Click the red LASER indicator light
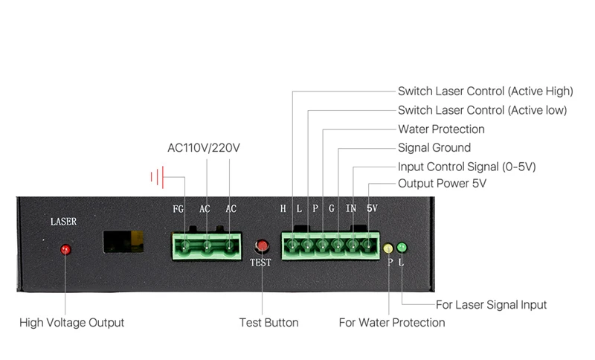click(x=65, y=249)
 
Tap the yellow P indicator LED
click(x=388, y=247)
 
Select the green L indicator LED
click(x=402, y=247)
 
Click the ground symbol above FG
click(x=158, y=177)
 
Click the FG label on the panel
click(x=178, y=209)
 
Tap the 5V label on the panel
click(x=372, y=209)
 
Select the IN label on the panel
click(x=351, y=209)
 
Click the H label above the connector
click(x=283, y=209)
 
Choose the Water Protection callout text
click(x=441, y=129)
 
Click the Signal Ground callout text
click(x=434, y=148)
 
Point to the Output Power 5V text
click(x=442, y=184)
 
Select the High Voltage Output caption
click(x=71, y=323)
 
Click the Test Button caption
click(x=268, y=323)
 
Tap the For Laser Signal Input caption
click(x=491, y=305)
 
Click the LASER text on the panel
click(x=63, y=222)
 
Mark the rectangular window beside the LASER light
click(x=123, y=241)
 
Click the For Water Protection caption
click(x=392, y=323)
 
